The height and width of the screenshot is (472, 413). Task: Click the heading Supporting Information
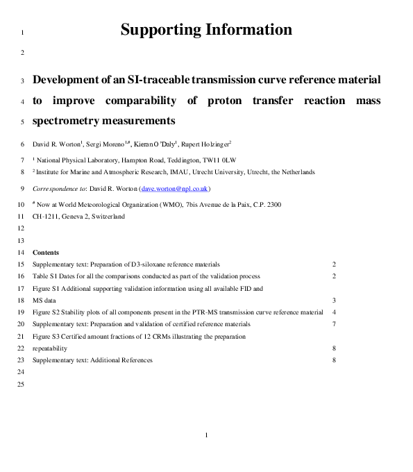click(x=206, y=30)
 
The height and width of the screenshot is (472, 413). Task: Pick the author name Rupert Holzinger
click(x=206, y=144)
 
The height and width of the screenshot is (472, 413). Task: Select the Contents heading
click(x=46, y=253)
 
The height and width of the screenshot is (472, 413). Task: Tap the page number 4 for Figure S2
click(x=334, y=312)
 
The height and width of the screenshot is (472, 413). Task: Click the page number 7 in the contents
click(x=334, y=324)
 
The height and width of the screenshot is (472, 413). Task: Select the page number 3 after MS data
click(x=334, y=300)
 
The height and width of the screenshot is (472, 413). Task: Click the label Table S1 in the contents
click(x=45, y=276)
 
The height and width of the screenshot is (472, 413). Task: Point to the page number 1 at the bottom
click(x=207, y=435)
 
